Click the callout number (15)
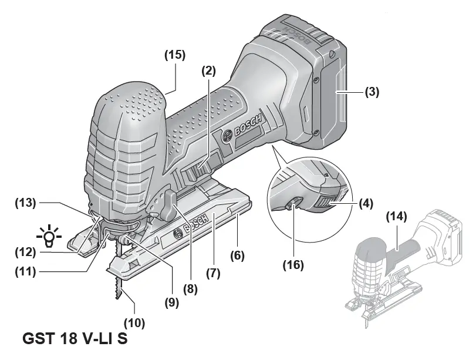pyautogui.click(x=174, y=55)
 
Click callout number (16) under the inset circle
pyautogui.click(x=293, y=265)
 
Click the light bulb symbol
pyautogui.click(x=51, y=235)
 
